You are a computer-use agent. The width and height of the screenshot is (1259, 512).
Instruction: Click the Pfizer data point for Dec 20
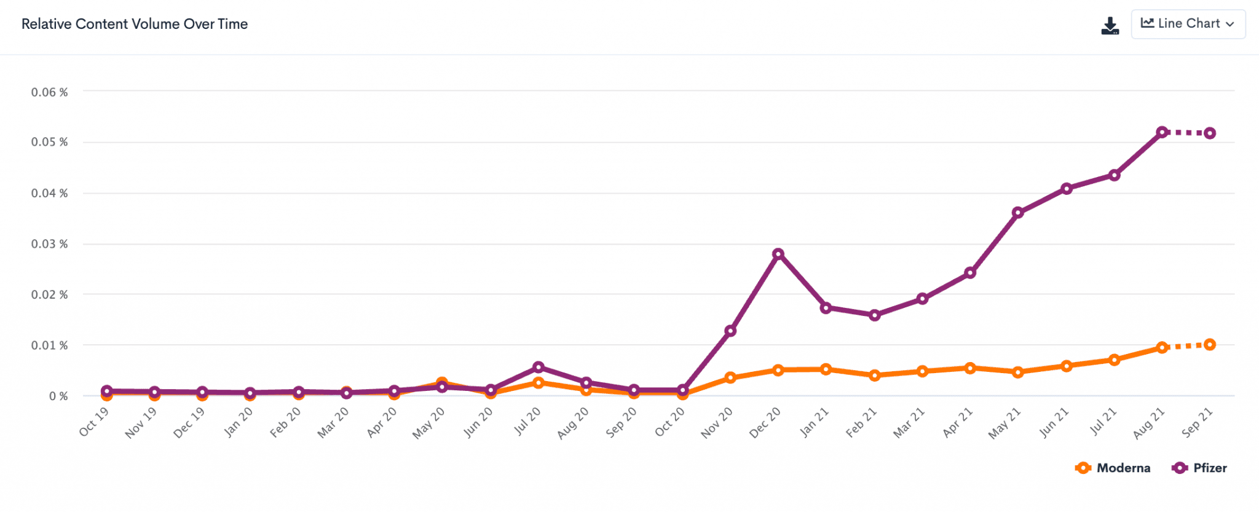click(x=778, y=254)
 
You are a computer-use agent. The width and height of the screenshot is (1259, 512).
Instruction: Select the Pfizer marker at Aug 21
click(x=1162, y=132)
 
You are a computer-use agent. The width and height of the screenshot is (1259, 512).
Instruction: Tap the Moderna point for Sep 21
click(x=1210, y=345)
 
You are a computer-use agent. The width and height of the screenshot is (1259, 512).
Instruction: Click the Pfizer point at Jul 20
click(x=539, y=367)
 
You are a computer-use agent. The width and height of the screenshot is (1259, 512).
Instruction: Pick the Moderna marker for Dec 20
click(x=778, y=370)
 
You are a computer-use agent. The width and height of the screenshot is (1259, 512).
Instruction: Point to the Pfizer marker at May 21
click(x=1018, y=213)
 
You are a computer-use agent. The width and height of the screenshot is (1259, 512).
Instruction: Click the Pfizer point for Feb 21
click(x=874, y=315)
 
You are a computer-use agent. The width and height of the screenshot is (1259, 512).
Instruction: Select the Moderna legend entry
click(x=1113, y=468)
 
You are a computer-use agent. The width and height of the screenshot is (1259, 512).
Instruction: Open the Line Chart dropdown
click(x=1188, y=24)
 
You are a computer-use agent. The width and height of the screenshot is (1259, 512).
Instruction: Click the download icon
click(x=1110, y=26)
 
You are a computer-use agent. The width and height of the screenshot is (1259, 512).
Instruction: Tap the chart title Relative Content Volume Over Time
click(x=135, y=24)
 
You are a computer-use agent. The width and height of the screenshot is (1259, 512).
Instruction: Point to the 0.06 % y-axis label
click(x=49, y=92)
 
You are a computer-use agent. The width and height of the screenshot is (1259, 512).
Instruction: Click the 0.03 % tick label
click(x=49, y=244)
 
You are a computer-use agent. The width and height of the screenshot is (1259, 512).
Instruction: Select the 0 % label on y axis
click(x=58, y=396)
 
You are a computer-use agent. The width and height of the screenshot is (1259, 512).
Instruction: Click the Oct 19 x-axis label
click(x=94, y=422)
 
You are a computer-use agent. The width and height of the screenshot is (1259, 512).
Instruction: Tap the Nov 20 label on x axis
click(x=717, y=423)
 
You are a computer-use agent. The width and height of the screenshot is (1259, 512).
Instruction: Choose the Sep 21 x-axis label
click(x=1197, y=423)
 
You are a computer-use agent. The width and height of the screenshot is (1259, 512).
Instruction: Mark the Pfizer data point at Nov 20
click(x=730, y=331)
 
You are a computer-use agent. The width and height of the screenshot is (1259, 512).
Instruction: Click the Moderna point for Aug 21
click(x=1162, y=348)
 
